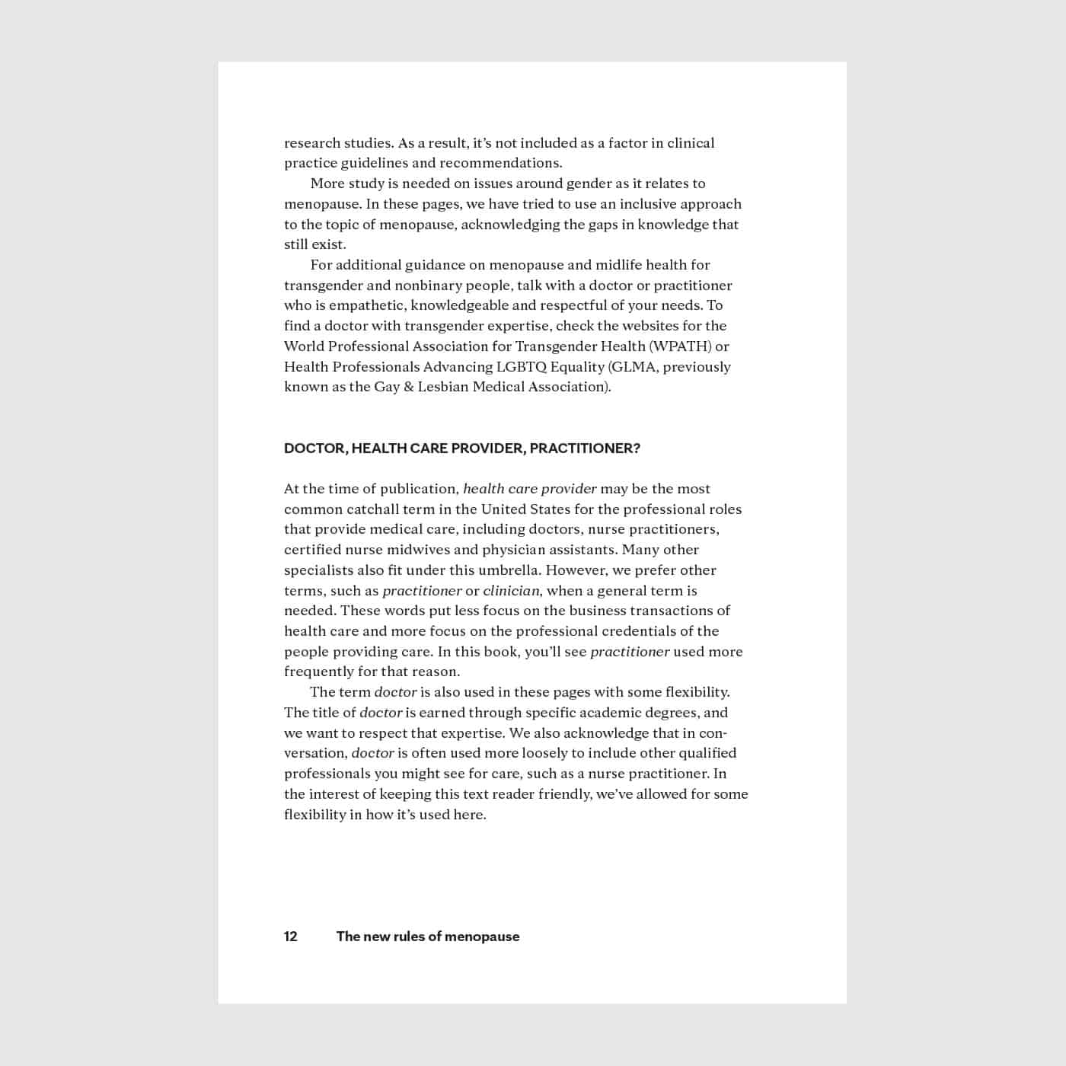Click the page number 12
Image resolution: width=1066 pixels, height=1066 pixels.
pos(291,937)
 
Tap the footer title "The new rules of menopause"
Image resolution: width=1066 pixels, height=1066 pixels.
pos(428,937)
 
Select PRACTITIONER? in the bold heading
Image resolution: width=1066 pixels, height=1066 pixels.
pos(585,448)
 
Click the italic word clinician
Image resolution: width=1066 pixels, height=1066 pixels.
pos(511,591)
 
